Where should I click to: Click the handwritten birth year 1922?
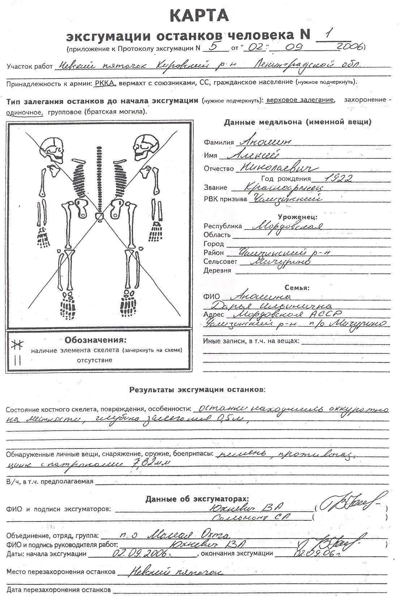pos(338,178)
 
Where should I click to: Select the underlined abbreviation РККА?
pos(105,83)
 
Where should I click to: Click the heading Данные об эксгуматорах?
pos(197,499)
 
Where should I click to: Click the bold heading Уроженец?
pos(297,217)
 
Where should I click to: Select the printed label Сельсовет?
pos(220,261)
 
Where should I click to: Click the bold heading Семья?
pos(297,288)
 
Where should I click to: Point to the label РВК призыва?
pos(225,199)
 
